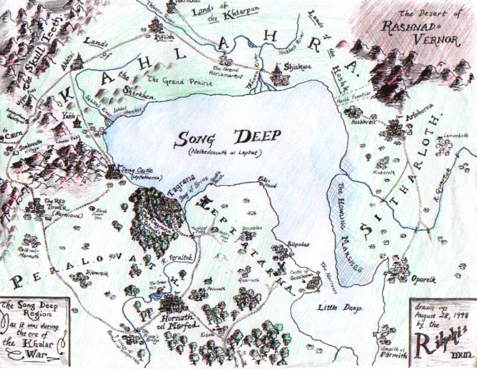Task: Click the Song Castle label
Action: click(137, 171)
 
